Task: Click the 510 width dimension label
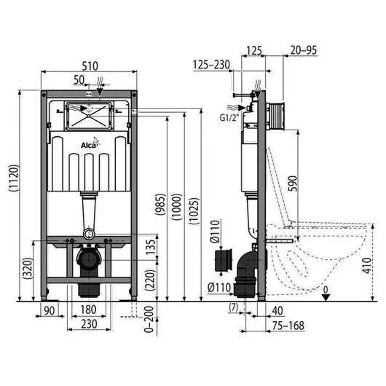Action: pos(90,66)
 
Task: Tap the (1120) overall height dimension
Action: pos(14,178)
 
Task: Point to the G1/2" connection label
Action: pos(229,118)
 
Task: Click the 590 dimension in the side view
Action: pos(293,183)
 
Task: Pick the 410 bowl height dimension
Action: pos(367,266)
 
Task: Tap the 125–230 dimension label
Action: pos(211,65)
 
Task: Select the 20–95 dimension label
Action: pos(304,50)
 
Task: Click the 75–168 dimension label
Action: pos(288,326)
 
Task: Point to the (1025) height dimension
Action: pos(194,211)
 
